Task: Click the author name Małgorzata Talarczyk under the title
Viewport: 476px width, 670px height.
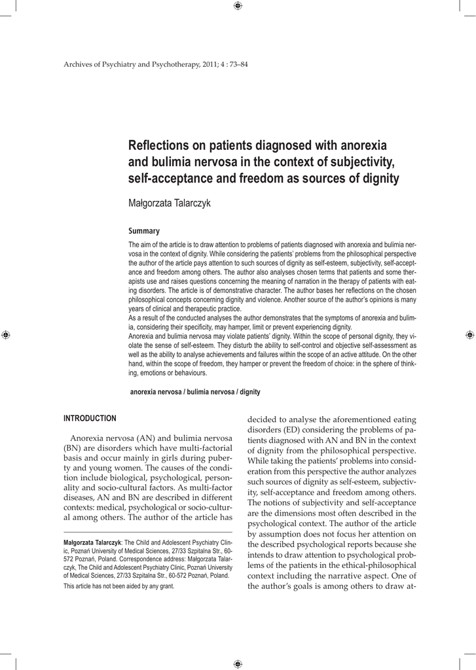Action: coord(169,203)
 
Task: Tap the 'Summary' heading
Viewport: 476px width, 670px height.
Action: coord(143,231)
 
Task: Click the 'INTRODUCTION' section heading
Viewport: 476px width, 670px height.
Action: coord(90,418)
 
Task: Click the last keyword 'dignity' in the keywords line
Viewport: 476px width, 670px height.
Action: coord(249,392)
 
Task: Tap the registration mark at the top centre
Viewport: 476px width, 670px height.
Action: coord(238,7)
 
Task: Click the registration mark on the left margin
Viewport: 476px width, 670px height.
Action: coord(6,334)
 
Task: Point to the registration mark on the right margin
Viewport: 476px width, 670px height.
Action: coord(469,334)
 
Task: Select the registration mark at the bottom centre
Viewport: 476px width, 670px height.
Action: coord(238,663)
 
